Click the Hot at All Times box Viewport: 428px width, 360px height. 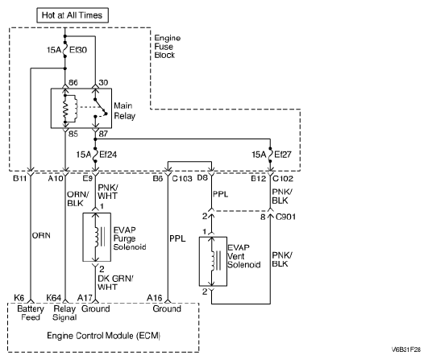tap(73, 15)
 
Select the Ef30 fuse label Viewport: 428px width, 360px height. tap(78, 50)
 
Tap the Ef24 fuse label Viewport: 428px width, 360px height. tap(108, 155)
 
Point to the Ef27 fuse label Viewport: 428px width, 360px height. tap(283, 155)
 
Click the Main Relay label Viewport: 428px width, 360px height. tap(124, 110)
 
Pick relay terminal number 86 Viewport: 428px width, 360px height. tap(73, 82)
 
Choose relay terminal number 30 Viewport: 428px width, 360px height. tap(103, 82)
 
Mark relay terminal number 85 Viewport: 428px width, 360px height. tap(73, 134)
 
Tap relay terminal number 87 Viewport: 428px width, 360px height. tap(103, 134)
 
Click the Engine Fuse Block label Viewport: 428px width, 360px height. tap(168, 47)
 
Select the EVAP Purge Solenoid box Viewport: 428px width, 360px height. tap(97, 238)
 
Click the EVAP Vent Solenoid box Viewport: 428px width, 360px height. tap(213, 262)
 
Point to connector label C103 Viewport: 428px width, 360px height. tap(182, 178)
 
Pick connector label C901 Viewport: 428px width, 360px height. tap(285, 217)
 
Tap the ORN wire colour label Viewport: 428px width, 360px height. tap(41, 235)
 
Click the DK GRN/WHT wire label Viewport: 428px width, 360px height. tap(115, 283)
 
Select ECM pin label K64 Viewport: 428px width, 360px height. tap(54, 298)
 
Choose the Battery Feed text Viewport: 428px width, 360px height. tap(31, 313)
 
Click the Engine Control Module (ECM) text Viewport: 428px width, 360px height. tap(104, 336)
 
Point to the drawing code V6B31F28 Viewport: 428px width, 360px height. tap(406, 350)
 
